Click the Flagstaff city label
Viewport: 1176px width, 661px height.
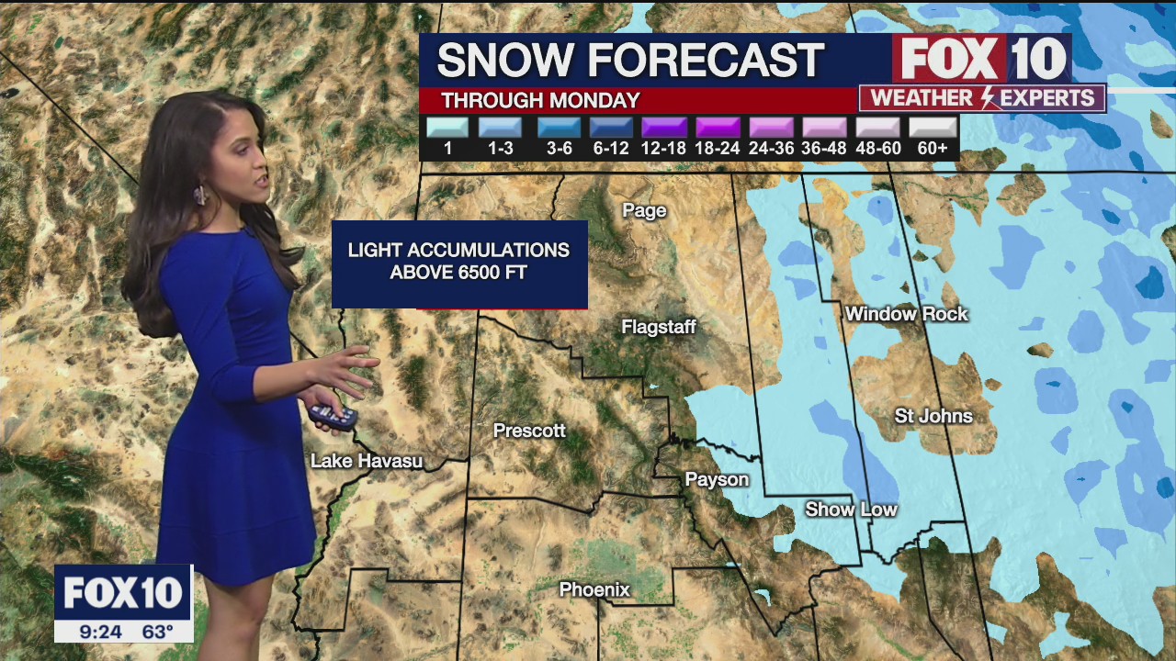click(x=659, y=327)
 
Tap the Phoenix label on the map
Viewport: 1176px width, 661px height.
click(x=595, y=589)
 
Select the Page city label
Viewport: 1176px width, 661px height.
click(x=644, y=210)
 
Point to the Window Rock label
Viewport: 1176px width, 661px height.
click(x=907, y=314)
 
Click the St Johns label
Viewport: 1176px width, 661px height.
click(x=933, y=416)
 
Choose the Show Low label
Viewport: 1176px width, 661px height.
click(x=851, y=509)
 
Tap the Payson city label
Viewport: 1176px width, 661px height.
click(x=717, y=479)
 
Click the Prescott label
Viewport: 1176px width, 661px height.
click(x=529, y=430)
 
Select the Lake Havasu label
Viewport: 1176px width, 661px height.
click(x=367, y=461)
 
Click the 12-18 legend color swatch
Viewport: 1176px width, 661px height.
click(x=664, y=128)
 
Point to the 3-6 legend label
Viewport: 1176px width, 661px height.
click(x=559, y=148)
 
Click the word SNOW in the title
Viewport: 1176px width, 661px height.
click(x=500, y=61)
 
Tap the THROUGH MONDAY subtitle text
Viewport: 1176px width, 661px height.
click(x=540, y=101)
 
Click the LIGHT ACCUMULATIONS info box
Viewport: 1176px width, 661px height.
click(x=459, y=263)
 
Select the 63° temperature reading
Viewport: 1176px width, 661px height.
click(x=158, y=632)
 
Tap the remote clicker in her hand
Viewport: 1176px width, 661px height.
click(x=332, y=416)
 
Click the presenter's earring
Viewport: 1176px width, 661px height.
click(x=199, y=196)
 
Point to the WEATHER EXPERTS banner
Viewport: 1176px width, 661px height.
click(x=982, y=98)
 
